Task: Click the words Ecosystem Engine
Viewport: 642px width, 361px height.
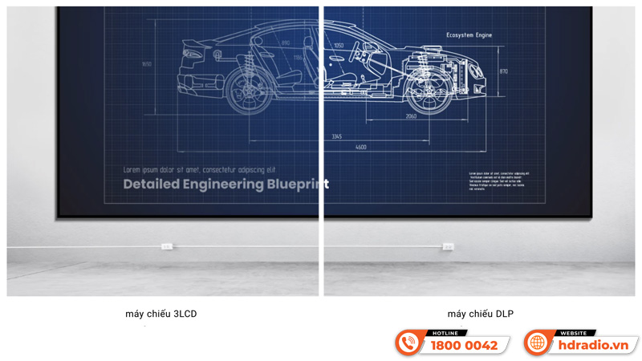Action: coord(469,35)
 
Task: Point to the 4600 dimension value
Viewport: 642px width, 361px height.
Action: coord(361,148)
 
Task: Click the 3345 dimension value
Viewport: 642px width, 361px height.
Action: coord(337,136)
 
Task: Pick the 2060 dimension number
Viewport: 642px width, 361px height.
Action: coord(411,116)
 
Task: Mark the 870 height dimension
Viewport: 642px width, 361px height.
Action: coord(503,71)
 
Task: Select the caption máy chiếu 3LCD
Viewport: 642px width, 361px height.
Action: coord(160,314)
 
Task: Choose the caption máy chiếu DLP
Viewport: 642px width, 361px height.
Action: coord(480,314)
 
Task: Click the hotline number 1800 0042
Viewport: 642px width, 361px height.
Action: coord(464,346)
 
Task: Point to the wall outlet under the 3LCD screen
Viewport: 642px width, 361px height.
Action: coord(167,246)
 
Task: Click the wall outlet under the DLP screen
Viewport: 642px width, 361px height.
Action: coord(448,246)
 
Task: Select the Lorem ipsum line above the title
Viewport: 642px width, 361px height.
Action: coord(198,170)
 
